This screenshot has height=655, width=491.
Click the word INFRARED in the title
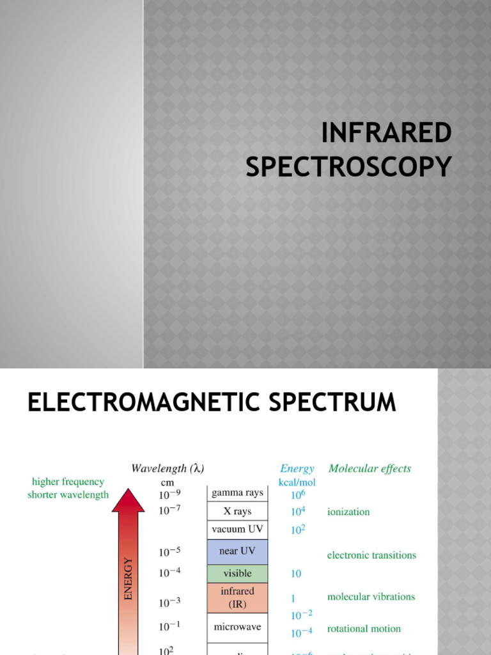pyautogui.click(x=386, y=133)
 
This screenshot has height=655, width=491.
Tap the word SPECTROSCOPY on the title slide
pyautogui.click(x=348, y=166)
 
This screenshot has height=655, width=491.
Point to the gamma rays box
pyautogui.click(x=237, y=493)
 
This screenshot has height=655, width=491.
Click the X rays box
pyautogui.click(x=237, y=512)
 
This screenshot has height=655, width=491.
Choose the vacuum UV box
pyautogui.click(x=237, y=530)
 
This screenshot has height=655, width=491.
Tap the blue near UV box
pyautogui.click(x=237, y=551)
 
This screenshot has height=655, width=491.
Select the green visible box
pyautogui.click(x=237, y=573)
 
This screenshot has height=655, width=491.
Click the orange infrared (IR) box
pyautogui.click(x=237, y=597)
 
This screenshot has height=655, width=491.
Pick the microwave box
pyautogui.click(x=237, y=627)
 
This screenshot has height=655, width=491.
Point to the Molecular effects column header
pyautogui.click(x=370, y=468)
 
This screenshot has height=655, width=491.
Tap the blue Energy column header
pyautogui.click(x=297, y=468)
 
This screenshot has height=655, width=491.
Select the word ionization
pyautogui.click(x=348, y=512)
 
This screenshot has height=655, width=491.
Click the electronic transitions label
pyautogui.click(x=371, y=555)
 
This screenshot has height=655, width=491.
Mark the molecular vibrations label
pyautogui.click(x=371, y=597)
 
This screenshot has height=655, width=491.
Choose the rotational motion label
pyautogui.click(x=364, y=629)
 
